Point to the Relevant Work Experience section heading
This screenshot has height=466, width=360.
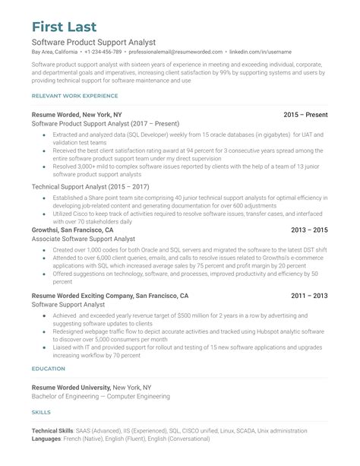[74, 96]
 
